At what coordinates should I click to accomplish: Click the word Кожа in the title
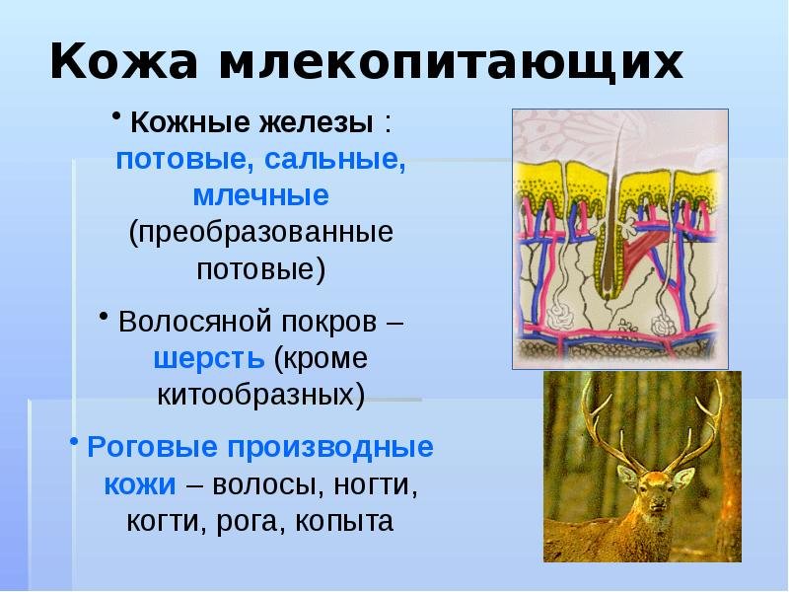[123, 61]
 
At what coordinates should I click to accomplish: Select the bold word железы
[316, 122]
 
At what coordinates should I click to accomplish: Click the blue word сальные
[334, 160]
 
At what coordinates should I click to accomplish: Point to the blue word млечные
[261, 195]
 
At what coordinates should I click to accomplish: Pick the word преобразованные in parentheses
[260, 233]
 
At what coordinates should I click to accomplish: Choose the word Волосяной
[196, 321]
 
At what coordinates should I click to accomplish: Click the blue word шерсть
[209, 359]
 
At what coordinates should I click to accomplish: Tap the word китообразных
[260, 395]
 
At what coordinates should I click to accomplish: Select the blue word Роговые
[153, 447]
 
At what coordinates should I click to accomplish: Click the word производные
[330, 447]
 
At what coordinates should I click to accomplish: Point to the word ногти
[376, 484]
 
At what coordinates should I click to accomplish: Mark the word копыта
[343, 522]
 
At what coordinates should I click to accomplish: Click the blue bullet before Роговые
[74, 440]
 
